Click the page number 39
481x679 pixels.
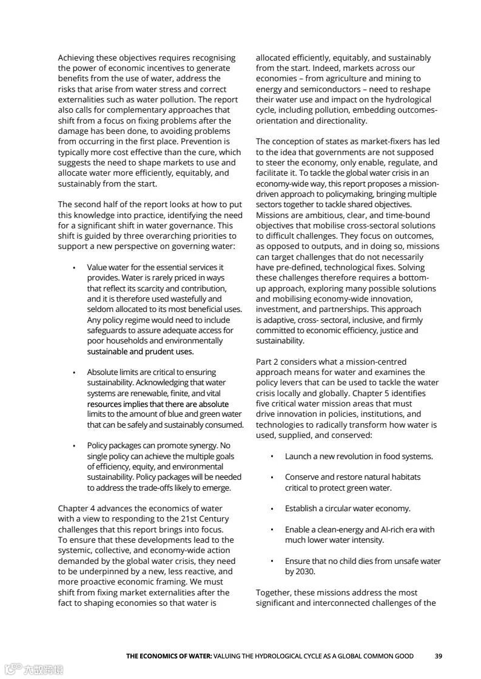438,655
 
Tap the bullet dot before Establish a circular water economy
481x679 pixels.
272,509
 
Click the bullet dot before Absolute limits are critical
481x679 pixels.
74,373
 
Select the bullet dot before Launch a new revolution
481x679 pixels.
272,457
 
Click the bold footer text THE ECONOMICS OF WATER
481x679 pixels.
169,655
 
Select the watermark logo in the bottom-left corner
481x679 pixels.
33,669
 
